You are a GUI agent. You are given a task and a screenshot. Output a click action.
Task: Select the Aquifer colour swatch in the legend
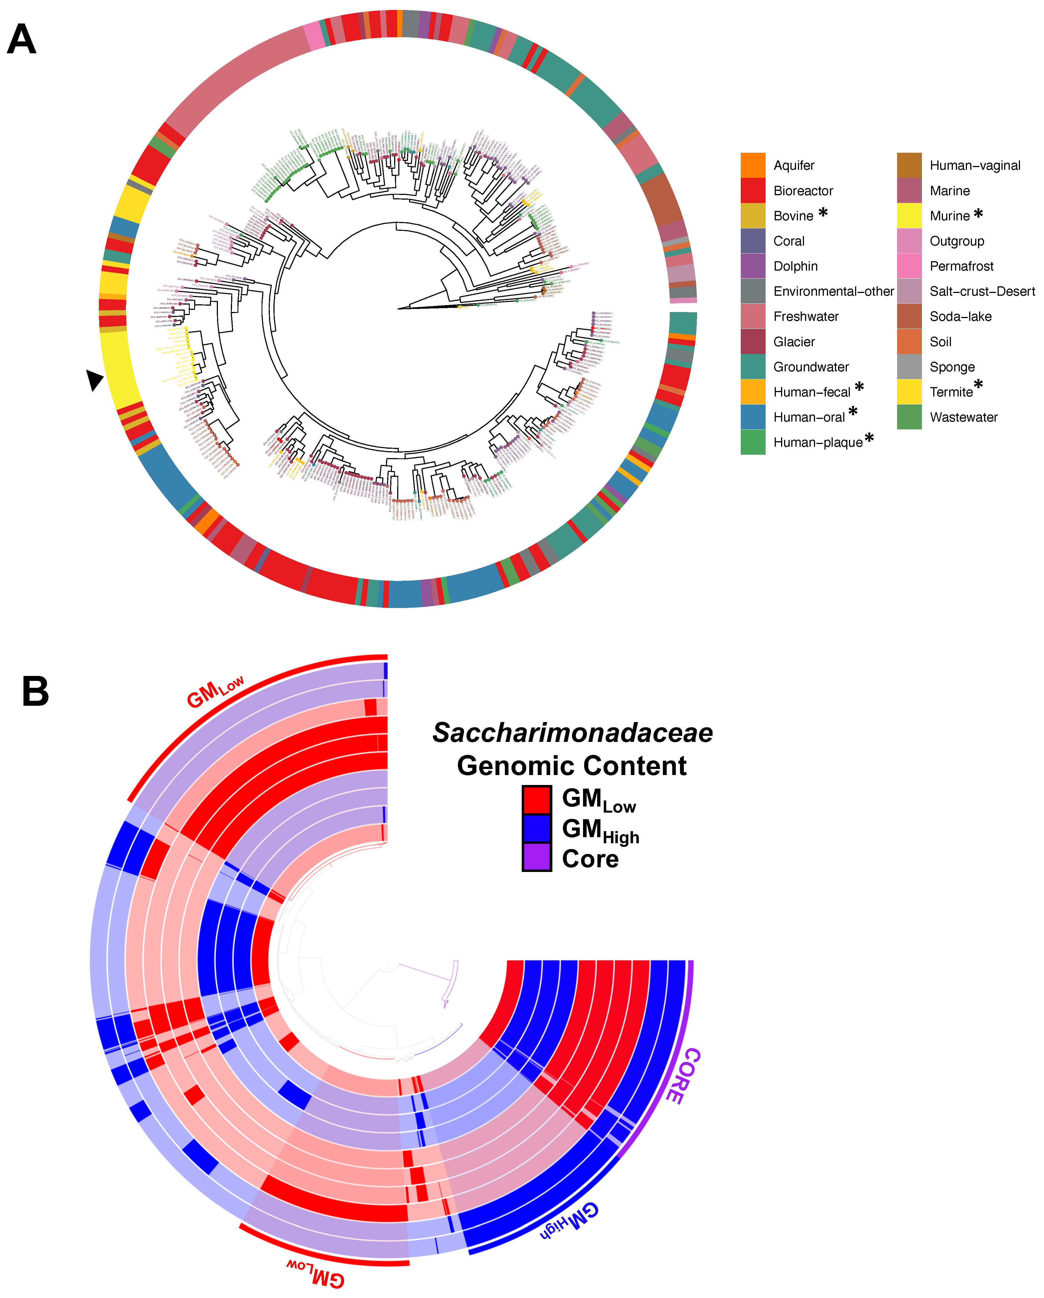pyautogui.click(x=753, y=166)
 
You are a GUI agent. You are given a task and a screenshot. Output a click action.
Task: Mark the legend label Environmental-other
pyautogui.click(x=833, y=291)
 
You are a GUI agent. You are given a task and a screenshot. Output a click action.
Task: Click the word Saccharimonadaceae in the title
pyautogui.click(x=572, y=733)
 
